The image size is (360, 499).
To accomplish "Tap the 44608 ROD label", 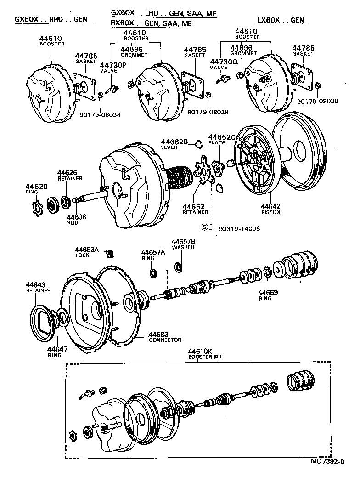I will click(x=73, y=219).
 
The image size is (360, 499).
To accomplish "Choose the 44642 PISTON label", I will click(x=271, y=209).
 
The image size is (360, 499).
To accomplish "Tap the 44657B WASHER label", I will click(x=184, y=244).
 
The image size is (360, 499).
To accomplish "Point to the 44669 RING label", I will click(x=264, y=295).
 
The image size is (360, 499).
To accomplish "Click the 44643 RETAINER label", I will click(x=38, y=287).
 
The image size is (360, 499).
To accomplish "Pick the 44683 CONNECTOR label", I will click(x=164, y=337).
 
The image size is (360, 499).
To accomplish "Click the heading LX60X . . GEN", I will click(x=281, y=20).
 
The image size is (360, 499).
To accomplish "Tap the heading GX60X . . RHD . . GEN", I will click(x=51, y=20).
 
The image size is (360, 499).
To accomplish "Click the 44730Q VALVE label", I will click(x=224, y=64).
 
